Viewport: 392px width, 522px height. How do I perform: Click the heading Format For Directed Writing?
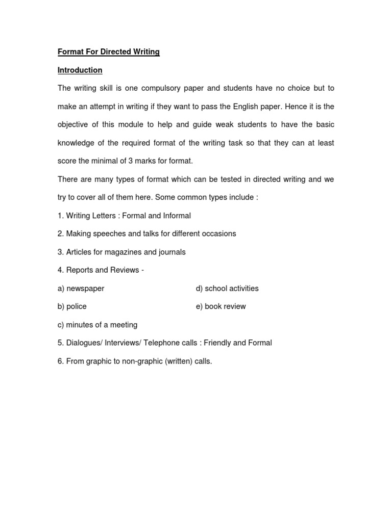point(108,52)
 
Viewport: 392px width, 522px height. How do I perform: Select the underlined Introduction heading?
point(80,70)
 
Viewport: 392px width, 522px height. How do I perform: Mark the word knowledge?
point(76,143)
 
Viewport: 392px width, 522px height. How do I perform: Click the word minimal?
point(111,161)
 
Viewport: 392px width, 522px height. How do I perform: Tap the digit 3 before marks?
point(131,161)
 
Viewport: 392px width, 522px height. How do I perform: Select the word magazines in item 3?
point(120,252)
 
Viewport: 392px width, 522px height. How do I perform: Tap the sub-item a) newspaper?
point(81,289)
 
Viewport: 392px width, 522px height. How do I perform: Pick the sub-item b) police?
point(72,306)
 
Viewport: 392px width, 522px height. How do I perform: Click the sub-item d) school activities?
point(227,289)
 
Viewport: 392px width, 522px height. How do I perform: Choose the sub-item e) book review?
point(220,306)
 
